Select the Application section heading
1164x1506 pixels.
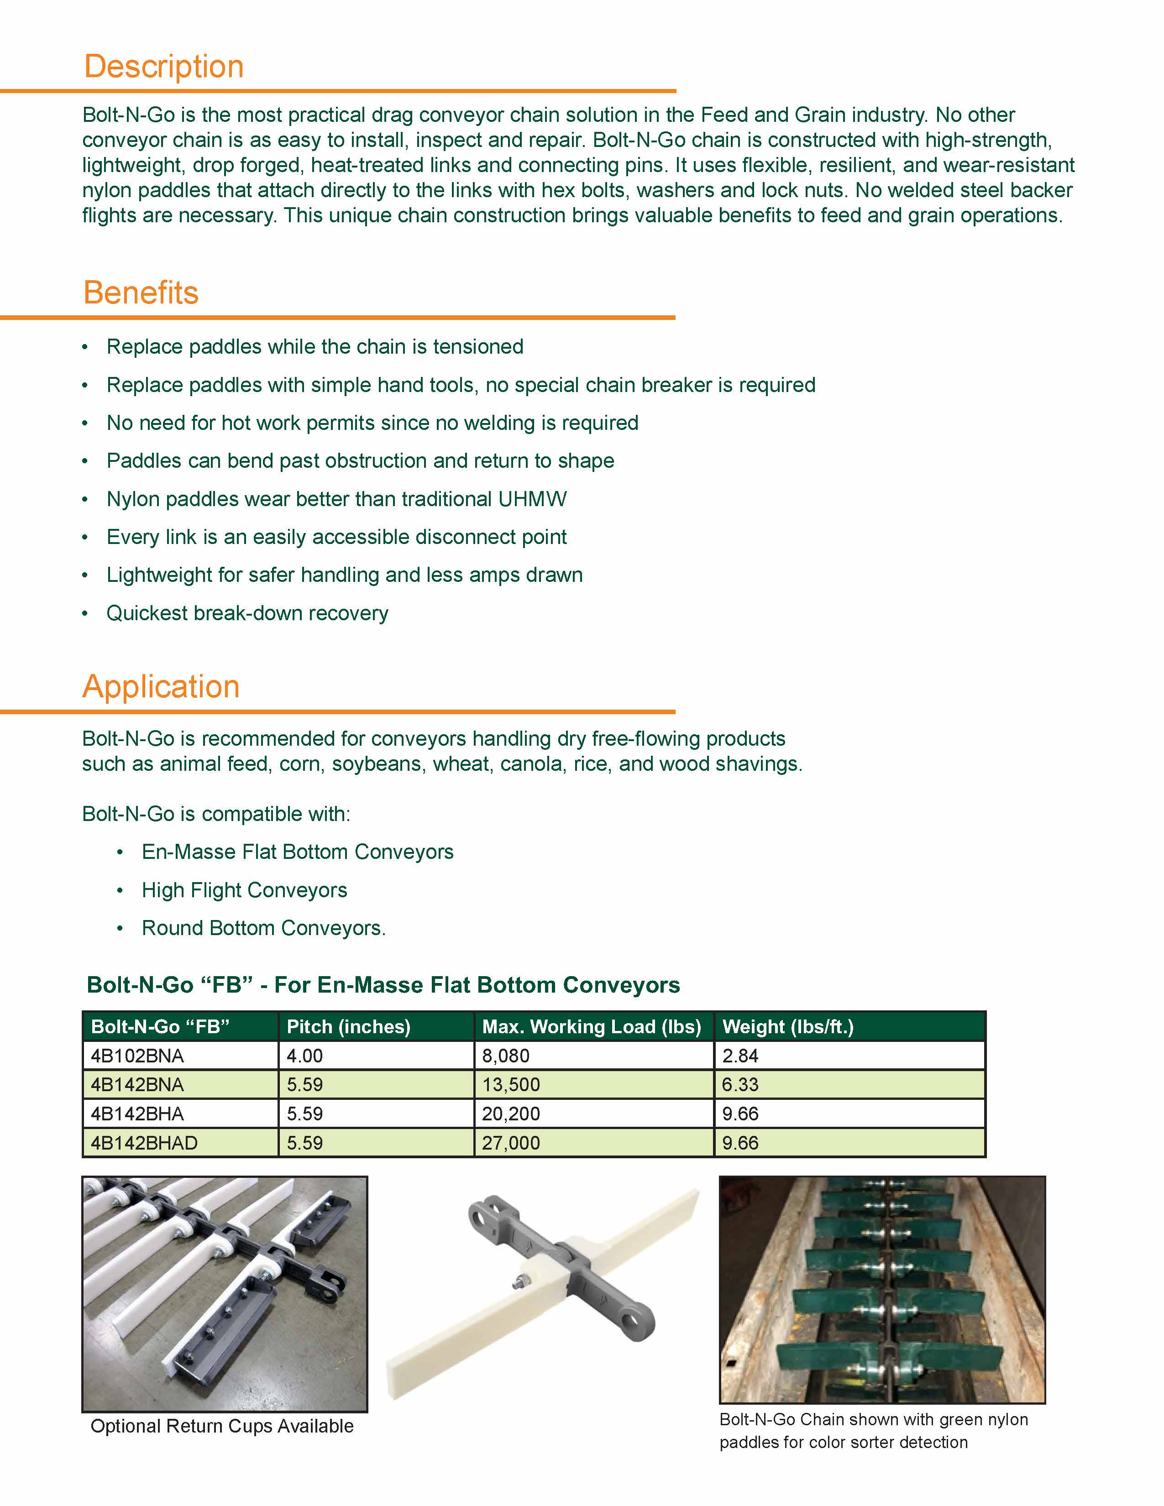coord(161,687)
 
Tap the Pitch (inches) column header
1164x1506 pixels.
coord(348,1027)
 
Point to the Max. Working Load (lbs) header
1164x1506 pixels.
coord(591,1027)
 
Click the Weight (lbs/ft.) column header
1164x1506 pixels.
coord(787,1027)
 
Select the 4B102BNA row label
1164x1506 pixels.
coord(137,1056)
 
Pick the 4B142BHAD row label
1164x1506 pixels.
coord(144,1143)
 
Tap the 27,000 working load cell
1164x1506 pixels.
coord(510,1143)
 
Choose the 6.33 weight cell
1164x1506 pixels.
coord(740,1085)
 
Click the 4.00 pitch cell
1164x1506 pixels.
coord(305,1056)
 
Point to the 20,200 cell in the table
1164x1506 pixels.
coord(510,1114)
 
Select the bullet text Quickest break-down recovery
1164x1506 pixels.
coord(247,613)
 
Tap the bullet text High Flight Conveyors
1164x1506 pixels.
coord(244,890)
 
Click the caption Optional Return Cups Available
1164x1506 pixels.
coord(222,1426)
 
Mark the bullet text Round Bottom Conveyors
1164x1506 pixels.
coord(263,928)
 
